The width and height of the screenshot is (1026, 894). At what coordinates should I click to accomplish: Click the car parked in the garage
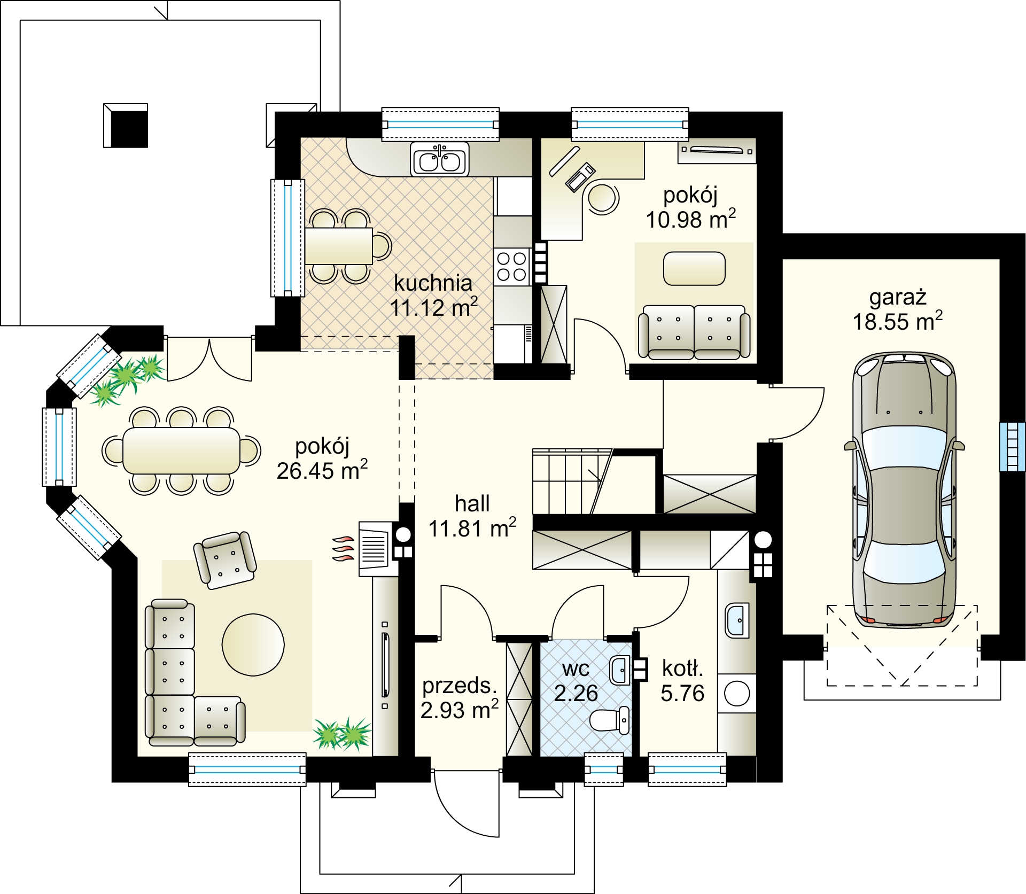tap(904, 489)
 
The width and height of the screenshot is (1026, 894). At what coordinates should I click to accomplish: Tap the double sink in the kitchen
tap(440, 159)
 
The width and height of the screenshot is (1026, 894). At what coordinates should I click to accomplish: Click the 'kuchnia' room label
tap(433, 283)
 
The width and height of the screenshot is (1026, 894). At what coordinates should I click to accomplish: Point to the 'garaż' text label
tap(898, 297)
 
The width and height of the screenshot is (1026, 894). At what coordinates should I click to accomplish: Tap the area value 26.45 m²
tap(322, 470)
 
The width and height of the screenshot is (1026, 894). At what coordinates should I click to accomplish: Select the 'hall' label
tap(472, 503)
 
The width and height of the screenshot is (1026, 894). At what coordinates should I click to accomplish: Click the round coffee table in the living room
tap(253, 644)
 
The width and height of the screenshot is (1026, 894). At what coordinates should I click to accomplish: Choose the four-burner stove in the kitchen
tap(511, 267)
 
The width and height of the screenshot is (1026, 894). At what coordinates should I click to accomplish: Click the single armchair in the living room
tap(225, 560)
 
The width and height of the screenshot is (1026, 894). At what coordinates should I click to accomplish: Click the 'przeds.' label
tap(460, 686)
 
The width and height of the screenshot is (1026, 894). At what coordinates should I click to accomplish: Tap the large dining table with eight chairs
tap(181, 450)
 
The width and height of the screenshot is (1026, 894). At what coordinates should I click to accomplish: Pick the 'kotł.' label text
tap(682, 668)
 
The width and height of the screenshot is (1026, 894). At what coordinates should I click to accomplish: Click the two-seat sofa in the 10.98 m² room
tap(694, 332)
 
